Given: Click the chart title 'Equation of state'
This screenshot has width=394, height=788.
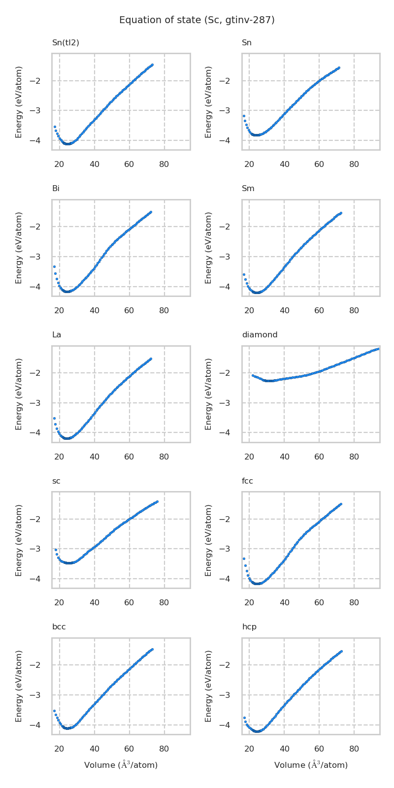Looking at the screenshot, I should (x=197, y=20).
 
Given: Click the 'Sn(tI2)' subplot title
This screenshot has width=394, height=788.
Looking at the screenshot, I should (x=66, y=43).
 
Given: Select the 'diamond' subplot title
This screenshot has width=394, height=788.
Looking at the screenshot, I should (x=260, y=335).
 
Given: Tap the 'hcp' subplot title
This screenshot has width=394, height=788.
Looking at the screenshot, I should (x=249, y=627).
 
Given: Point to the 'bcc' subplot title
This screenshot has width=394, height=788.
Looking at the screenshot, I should (x=59, y=627).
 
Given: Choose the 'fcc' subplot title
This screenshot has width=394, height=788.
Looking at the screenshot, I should (x=247, y=481).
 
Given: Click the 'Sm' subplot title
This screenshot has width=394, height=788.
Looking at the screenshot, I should (x=248, y=189).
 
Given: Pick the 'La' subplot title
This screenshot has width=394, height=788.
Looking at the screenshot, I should (x=57, y=335).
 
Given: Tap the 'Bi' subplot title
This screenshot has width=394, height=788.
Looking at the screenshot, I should (x=56, y=189).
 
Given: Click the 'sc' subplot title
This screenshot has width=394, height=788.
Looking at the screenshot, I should (x=56, y=481).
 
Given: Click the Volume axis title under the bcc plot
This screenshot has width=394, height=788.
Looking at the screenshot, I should (x=121, y=765).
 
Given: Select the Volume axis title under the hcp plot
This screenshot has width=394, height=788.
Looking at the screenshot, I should (x=311, y=765).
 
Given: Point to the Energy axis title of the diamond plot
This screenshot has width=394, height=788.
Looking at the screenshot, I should (x=208, y=394).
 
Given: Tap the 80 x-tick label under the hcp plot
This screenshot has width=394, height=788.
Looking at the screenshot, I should (x=354, y=749).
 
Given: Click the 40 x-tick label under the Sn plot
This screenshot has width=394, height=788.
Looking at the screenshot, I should (x=284, y=164).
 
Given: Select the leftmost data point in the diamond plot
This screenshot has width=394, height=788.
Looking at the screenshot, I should (x=253, y=375).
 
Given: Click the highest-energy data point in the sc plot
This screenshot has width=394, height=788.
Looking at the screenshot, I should (x=157, y=501).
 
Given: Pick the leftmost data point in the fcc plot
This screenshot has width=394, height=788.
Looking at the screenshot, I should (x=244, y=558).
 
